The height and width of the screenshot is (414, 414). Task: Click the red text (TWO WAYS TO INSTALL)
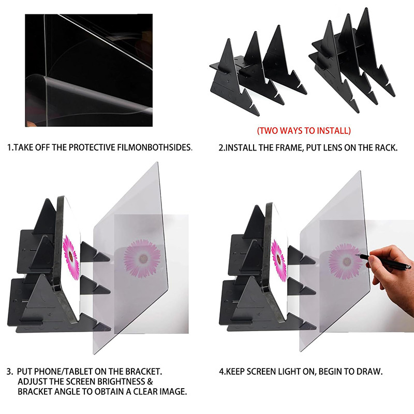click(x=304, y=131)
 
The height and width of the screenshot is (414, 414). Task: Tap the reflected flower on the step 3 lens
click(x=142, y=258)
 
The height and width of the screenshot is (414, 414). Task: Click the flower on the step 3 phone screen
click(x=71, y=257)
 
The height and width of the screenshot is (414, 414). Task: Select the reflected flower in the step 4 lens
click(x=345, y=262)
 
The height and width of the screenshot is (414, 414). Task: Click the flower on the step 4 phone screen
click(x=279, y=260)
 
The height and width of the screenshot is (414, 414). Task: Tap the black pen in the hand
click(x=384, y=262)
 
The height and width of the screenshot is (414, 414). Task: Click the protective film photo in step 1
click(x=88, y=70)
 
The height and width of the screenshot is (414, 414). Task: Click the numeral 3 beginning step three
click(x=9, y=372)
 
